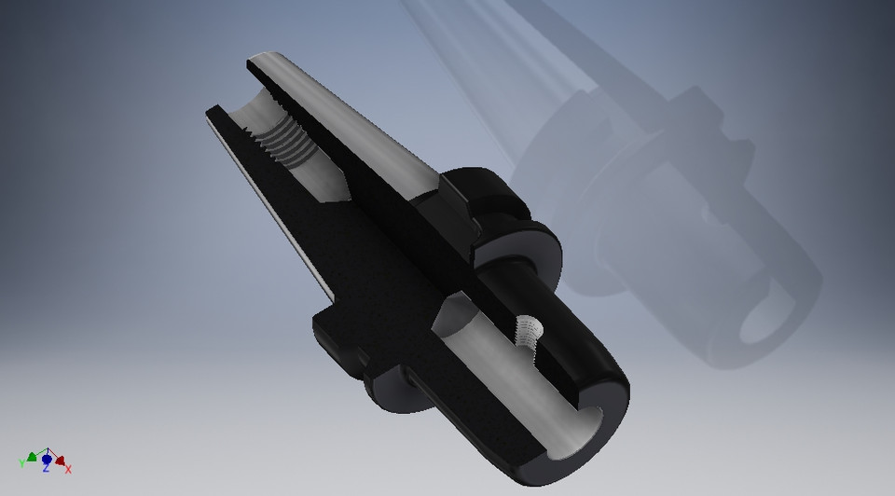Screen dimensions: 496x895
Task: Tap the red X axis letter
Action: click(68, 469)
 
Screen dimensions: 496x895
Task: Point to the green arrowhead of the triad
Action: click(33, 457)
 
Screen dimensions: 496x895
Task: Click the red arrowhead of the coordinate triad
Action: click(59, 460)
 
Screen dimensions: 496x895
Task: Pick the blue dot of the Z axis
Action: click(46, 459)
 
